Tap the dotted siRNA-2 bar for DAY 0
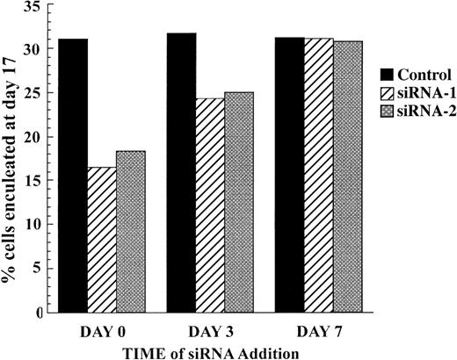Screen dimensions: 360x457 tap(130, 232)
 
